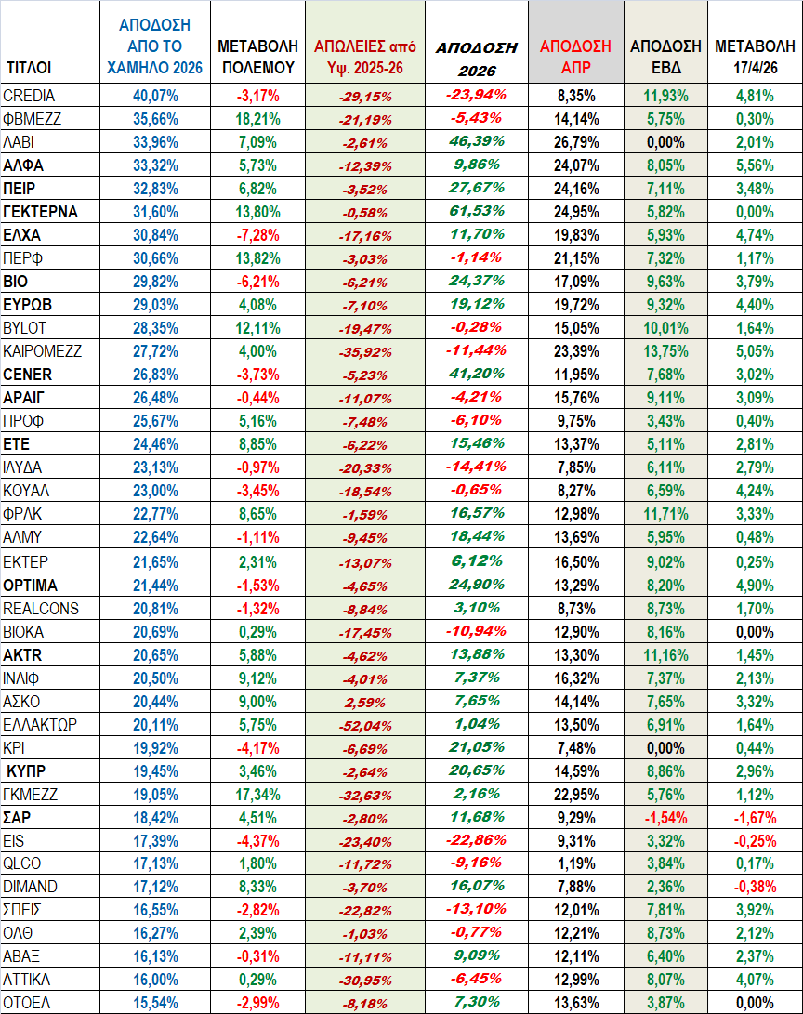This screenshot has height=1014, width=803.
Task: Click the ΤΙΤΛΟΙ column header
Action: [29, 67]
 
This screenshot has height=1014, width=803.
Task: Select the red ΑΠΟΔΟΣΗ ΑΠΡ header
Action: [575, 56]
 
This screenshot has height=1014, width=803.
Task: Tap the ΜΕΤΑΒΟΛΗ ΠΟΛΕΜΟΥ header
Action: [256, 56]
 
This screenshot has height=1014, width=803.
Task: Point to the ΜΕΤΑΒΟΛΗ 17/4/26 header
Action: [755, 56]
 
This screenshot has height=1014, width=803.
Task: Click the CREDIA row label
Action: [29, 95]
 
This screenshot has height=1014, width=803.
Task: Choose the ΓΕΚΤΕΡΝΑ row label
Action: [40, 211]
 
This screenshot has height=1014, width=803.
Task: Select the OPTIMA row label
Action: [30, 586]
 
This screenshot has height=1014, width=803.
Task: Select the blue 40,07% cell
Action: [155, 95]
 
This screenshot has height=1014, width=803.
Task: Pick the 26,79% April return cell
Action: [575, 141]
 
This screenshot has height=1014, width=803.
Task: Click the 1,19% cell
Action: [575, 863]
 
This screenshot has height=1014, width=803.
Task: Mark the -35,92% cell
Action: [365, 350]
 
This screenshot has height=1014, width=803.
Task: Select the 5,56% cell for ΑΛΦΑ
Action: [755, 165]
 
